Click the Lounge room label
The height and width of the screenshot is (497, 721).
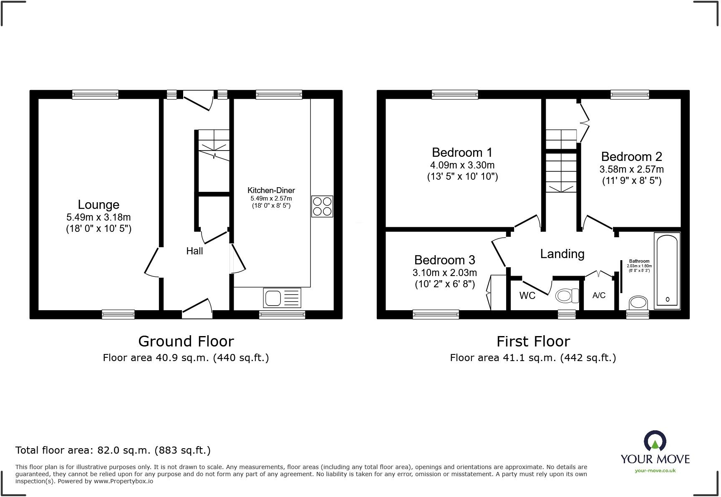(x=98, y=205)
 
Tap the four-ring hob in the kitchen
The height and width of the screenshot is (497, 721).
(x=322, y=206)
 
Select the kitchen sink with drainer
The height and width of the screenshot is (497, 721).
(x=282, y=298)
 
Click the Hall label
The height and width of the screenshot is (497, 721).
(x=194, y=251)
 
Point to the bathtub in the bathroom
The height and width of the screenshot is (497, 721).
(x=667, y=271)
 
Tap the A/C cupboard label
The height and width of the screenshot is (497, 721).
(x=599, y=296)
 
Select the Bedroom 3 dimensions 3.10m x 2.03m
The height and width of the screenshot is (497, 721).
(x=444, y=273)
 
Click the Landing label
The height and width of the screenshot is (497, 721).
(x=562, y=254)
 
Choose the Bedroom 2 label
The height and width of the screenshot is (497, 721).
(x=631, y=157)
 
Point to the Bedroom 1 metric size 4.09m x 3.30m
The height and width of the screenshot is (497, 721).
(x=462, y=165)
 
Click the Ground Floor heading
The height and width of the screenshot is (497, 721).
(x=186, y=341)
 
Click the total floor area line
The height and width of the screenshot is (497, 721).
(x=113, y=450)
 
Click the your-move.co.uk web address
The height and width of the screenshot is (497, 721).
(x=655, y=471)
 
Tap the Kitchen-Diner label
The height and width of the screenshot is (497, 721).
(x=271, y=191)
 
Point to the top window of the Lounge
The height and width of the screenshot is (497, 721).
(x=95, y=95)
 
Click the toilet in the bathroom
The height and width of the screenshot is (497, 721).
(x=638, y=302)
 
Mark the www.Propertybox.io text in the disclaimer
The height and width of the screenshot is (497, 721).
(x=123, y=481)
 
